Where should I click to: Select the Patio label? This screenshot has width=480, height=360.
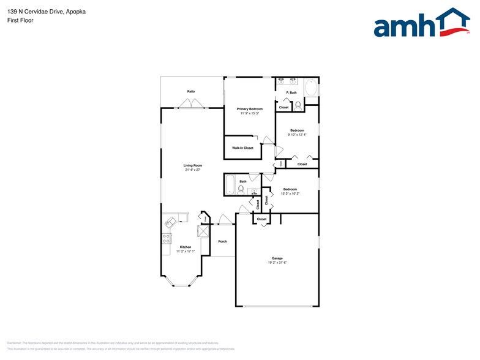point(191,91)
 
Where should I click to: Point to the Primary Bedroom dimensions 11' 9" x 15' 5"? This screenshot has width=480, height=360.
point(250,113)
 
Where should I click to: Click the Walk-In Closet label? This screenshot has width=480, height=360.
point(242,148)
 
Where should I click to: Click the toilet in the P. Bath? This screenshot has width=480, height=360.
point(298,105)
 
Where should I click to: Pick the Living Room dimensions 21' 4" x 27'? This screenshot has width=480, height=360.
point(193,170)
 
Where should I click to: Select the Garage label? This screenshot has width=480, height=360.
point(277,258)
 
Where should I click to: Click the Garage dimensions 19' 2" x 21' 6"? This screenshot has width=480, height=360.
point(277,263)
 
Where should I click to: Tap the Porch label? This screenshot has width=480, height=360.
point(222,241)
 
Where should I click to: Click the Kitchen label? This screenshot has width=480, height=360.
point(185,247)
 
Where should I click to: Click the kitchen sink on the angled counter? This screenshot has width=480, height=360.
point(171,222)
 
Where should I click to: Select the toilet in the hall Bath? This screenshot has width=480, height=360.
point(241,190)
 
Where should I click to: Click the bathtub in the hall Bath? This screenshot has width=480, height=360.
point(230,186)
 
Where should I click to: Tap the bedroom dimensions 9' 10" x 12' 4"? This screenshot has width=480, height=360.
point(297,135)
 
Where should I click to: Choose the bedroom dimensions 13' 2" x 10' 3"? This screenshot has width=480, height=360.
point(289,194)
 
